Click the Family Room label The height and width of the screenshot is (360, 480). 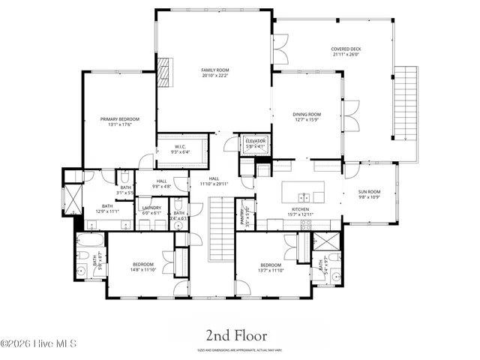[x=214, y=72]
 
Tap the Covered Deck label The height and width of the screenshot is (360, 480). [x=346, y=52]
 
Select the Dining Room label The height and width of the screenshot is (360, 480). [x=307, y=116]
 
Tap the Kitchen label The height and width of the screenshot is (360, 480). [x=301, y=211]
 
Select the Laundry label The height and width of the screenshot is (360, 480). [x=152, y=211]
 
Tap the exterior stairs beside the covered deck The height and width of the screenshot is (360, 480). [x=405, y=101]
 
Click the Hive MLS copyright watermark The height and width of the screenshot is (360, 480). [x=38, y=344]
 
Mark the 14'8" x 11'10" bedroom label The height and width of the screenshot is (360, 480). [x=143, y=267]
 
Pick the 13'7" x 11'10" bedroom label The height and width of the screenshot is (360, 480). [x=271, y=267]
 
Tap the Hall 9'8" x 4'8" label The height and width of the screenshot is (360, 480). [x=162, y=184]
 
